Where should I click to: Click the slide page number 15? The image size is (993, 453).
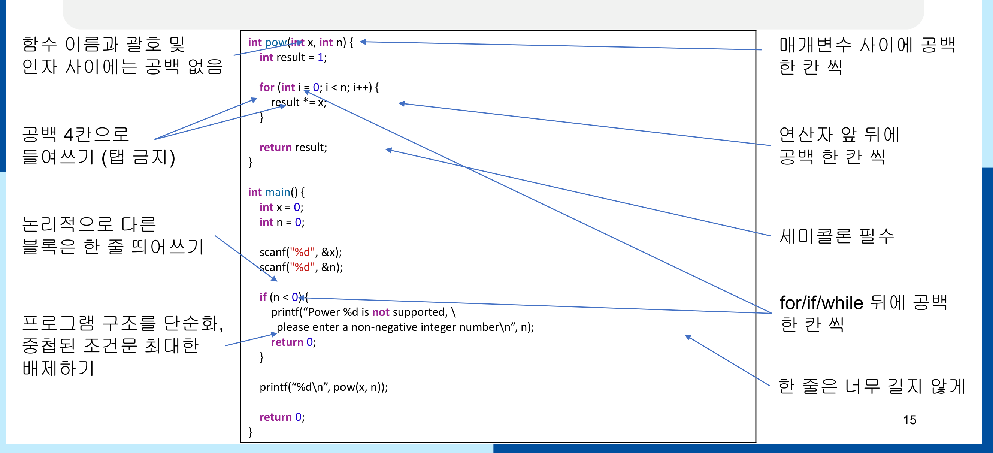coord(909,420)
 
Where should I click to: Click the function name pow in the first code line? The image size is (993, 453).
coord(276,42)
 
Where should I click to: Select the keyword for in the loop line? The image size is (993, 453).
coord(267,87)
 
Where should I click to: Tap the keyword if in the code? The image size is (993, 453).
coord(263,297)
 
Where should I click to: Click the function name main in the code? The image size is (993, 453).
coord(278,192)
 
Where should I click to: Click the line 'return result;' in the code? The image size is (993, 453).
coord(293,147)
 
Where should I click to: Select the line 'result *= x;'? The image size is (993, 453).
coord(299,102)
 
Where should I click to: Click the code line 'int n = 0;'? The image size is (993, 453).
coord(282,222)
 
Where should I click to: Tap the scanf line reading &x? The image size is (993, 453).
coord(301,252)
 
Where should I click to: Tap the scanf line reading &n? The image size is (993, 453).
coord(301,267)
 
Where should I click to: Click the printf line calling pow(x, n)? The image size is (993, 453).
coord(324,387)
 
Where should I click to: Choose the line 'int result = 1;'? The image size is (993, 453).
coord(293,57)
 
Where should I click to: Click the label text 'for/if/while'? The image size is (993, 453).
coord(821,303)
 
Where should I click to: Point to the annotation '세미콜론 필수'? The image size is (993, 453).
coord(836,236)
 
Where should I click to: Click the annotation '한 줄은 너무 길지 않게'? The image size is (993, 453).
coord(872,386)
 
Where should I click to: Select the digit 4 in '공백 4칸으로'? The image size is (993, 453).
coord(69,135)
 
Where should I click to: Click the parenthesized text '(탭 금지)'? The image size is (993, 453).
coord(138,157)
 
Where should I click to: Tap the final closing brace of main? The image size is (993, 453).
coord(250,432)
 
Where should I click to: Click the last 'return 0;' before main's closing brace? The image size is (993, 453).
coord(282,417)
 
